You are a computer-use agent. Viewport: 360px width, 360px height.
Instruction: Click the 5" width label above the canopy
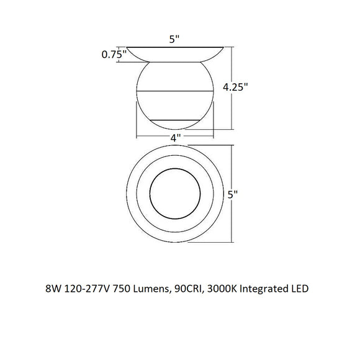pos(175,39)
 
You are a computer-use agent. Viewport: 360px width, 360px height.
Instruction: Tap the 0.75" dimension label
pos(114,54)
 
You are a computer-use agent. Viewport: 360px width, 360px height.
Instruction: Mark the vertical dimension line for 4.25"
pos(232,88)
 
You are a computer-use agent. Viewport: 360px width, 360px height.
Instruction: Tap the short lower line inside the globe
pos(175,119)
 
